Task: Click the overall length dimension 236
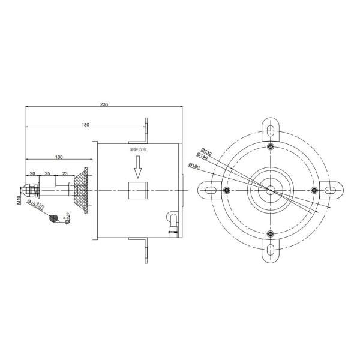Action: coord(104,104)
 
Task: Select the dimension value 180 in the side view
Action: coord(85,125)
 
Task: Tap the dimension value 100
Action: coord(59,157)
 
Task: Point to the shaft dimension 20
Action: coord(32,173)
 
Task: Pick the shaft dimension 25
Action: coord(47,173)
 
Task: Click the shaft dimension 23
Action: coord(64,173)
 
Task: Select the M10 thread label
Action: coord(19,200)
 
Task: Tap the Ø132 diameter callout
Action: coord(207,152)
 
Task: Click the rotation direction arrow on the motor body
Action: coord(138,167)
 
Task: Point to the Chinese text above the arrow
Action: coord(138,148)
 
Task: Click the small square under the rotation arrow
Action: coord(138,191)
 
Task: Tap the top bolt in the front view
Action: coord(271,147)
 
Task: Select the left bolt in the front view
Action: coord(226,190)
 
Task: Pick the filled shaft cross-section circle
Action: coord(53,218)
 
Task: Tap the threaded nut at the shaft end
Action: coord(30,190)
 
